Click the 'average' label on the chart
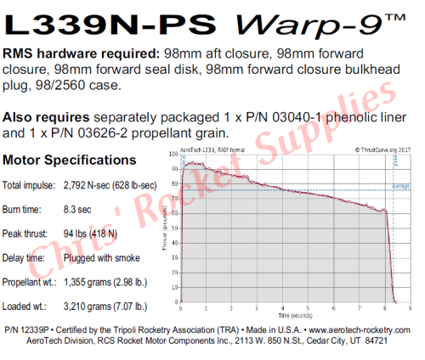click(400, 186)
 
